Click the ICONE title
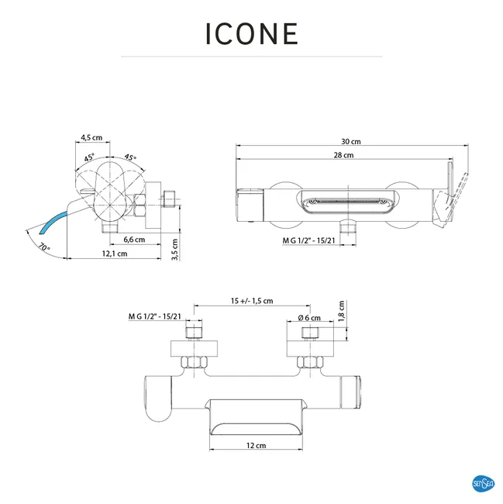(251, 34)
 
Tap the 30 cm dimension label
(350, 142)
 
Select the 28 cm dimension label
(345, 156)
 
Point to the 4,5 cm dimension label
(92, 137)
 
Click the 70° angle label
(43, 247)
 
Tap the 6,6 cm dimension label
(133, 240)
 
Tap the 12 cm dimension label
(256, 445)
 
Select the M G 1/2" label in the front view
(308, 241)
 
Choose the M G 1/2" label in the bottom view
(154, 316)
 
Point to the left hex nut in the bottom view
(192, 361)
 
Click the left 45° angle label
(91, 157)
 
